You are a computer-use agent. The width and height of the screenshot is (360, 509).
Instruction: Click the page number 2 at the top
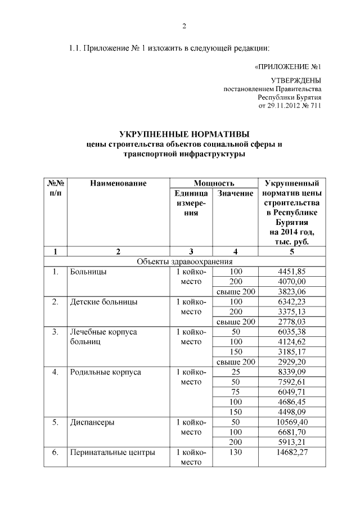[x=183, y=26]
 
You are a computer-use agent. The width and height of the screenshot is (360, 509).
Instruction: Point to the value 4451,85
[x=291, y=272]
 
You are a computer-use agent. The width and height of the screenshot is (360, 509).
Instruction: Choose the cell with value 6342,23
[x=291, y=302]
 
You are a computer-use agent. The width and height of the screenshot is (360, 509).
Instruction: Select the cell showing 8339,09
[x=291, y=372]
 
